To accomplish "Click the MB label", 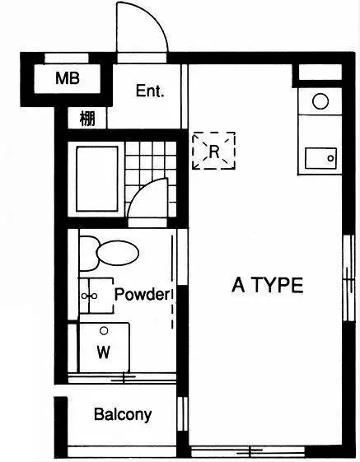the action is tap(68, 78).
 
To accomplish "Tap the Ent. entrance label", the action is tap(150, 91).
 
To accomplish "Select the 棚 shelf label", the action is tap(87, 119).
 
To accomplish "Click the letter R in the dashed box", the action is tap(214, 152).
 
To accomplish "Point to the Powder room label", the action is tap(143, 294).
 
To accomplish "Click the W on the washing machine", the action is tap(104, 352).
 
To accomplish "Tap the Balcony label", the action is tap(123, 414).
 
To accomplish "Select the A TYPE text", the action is tap(268, 285).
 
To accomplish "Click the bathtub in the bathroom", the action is tap(97, 179).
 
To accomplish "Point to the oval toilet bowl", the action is tap(117, 253).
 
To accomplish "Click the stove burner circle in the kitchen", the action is tap(320, 101).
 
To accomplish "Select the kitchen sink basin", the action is tap(320, 158).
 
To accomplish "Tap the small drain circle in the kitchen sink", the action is tap(330, 158).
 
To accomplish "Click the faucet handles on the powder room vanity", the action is tap(89, 296).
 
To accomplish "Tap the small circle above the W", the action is tap(104, 331).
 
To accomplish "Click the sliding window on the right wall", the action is tap(349, 278).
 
